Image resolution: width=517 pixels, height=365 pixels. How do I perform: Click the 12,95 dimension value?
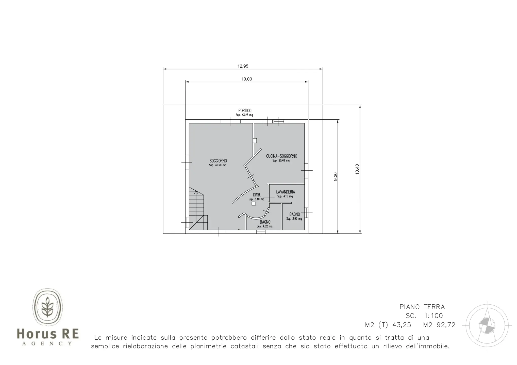pos(243,66)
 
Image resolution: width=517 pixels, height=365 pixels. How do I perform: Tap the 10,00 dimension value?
pos(246,79)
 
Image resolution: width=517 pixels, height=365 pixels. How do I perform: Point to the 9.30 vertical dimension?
pos(336,176)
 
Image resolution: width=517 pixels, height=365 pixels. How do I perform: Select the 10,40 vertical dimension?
pos(357,169)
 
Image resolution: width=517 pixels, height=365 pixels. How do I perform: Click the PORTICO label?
pos(245,111)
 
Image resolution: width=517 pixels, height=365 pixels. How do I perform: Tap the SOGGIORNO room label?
pos(218,161)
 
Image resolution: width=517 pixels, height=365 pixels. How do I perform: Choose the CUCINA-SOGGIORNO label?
pos(281,156)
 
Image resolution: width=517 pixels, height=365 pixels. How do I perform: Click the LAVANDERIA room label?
pos(286,192)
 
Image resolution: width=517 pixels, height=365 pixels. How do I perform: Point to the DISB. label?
pos(257,195)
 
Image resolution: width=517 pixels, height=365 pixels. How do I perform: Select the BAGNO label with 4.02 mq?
pos(265,222)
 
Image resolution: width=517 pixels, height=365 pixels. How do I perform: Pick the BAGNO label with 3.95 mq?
pos(294,214)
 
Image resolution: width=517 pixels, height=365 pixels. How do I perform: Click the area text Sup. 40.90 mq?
pos(218,165)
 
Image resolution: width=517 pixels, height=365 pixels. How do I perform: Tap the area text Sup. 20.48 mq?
pos(281,160)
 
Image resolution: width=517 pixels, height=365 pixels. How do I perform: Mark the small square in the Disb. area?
pos(254,204)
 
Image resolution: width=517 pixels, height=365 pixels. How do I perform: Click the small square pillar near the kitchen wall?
pos(255,140)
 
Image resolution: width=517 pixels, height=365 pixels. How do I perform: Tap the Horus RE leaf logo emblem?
pos(47,307)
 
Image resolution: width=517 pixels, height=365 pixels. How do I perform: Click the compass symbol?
pos(487,325)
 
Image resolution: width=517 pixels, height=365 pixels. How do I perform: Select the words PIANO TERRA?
pos(422,307)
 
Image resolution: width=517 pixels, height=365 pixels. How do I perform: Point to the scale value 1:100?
pos(433,316)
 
